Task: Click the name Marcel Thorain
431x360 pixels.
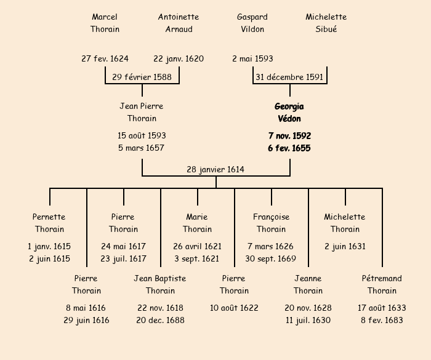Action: coord(105,23)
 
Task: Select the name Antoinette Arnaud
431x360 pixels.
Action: coord(179,23)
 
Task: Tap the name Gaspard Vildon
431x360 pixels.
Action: coord(252,23)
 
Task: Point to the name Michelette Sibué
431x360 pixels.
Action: coord(326,23)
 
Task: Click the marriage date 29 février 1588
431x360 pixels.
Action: coord(142,77)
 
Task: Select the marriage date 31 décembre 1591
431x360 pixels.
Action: coord(289,77)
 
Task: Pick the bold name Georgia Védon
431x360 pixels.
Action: coord(289,113)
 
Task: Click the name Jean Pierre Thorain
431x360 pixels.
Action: coord(142,112)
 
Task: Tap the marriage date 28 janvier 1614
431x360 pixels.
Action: coord(216,169)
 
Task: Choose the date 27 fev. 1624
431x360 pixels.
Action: coord(105,59)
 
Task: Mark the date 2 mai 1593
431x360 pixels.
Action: coord(252,59)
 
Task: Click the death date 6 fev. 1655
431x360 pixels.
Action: coord(289,148)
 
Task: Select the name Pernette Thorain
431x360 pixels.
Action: coord(49,223)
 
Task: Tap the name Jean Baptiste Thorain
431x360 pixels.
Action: coord(160,284)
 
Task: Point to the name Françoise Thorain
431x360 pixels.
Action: coord(271,223)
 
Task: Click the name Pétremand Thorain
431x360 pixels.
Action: coord(382,284)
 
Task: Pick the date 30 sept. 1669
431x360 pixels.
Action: coord(271,259)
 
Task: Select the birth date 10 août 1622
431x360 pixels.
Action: coord(234,308)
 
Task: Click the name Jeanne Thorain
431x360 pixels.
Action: coord(308,284)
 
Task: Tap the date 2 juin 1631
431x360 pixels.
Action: coord(345,247)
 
